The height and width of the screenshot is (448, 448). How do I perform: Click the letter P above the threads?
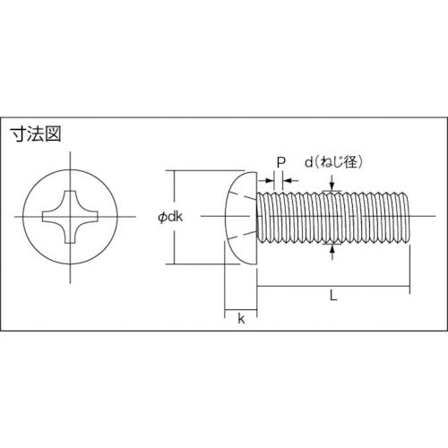280,162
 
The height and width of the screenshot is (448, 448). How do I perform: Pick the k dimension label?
240,319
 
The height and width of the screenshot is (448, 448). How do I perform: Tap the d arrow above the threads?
334,185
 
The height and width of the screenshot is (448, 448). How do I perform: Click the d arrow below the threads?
334,251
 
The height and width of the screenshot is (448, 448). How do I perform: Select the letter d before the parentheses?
307,162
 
